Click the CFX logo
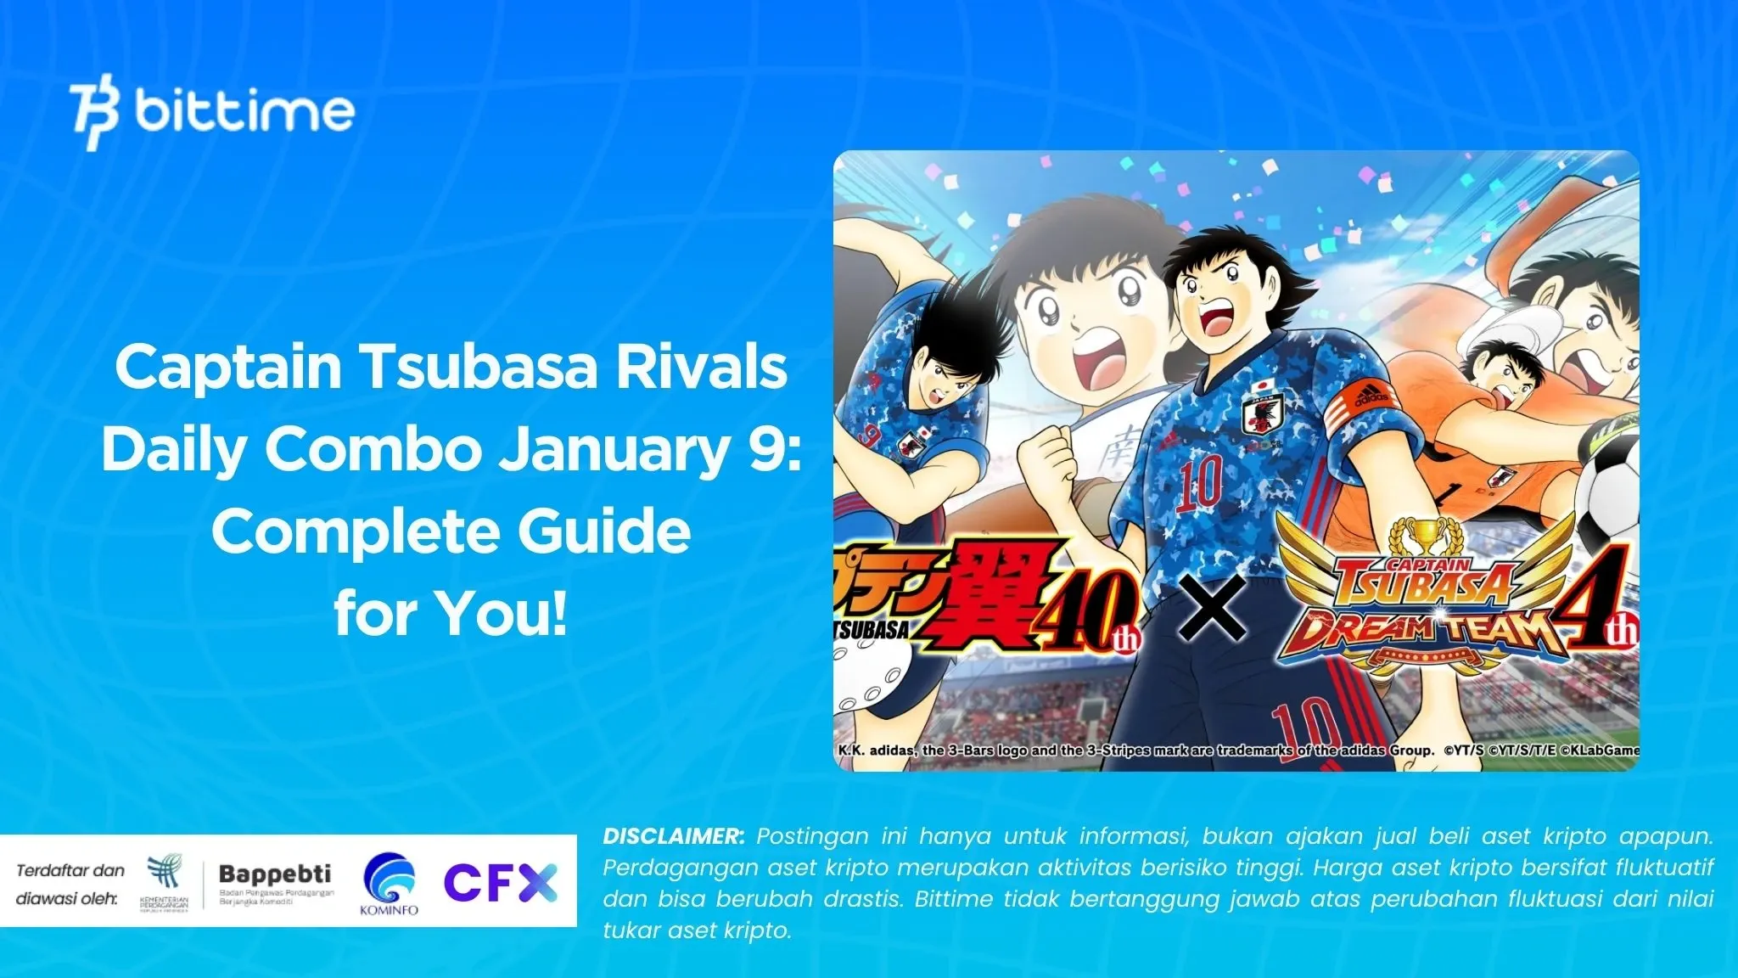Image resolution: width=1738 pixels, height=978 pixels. [500, 883]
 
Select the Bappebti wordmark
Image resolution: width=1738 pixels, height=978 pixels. [274, 874]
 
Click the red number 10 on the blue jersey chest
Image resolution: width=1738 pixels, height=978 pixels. [1199, 481]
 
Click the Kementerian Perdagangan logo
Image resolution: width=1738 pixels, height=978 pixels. [164, 884]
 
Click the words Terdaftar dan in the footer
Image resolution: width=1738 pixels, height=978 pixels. [70, 870]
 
